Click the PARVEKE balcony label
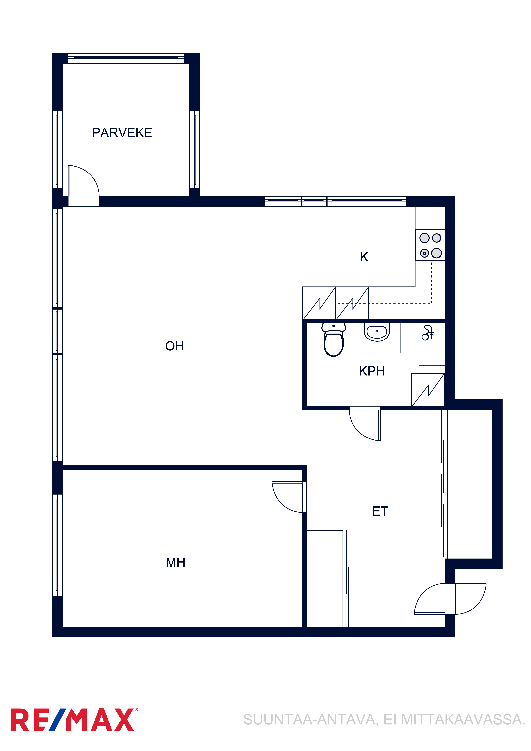(122, 133)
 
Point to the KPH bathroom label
(372, 371)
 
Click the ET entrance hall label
(380, 511)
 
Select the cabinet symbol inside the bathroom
(428, 390)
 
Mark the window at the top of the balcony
(126, 58)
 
